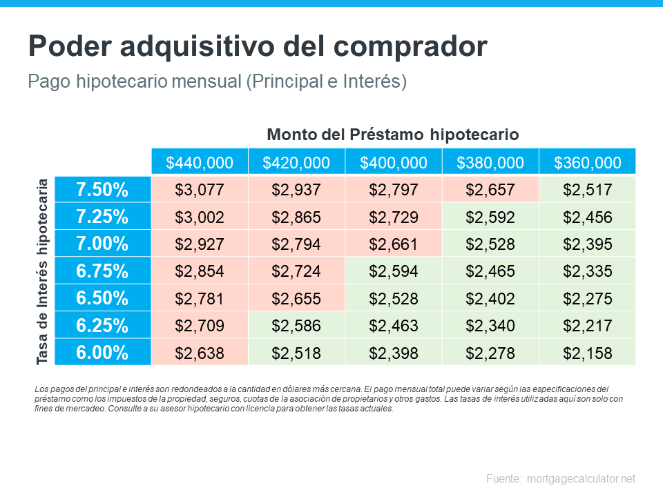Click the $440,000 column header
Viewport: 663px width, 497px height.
point(200,163)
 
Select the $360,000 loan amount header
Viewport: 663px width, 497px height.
point(587,163)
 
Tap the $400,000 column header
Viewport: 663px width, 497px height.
point(393,163)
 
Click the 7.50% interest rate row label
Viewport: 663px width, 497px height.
point(102,189)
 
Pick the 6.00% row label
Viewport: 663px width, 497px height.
point(102,353)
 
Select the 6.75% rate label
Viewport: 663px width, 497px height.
point(102,271)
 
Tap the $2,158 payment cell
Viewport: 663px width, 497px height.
point(587,353)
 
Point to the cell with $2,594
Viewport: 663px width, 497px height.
point(393,271)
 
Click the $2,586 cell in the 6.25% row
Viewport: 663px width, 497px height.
point(296,326)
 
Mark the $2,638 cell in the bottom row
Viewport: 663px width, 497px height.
point(200,353)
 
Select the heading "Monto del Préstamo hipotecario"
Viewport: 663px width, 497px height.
point(392,134)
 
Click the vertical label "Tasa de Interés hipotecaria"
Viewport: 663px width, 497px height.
point(43,271)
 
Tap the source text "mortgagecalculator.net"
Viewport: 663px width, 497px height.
point(580,478)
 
